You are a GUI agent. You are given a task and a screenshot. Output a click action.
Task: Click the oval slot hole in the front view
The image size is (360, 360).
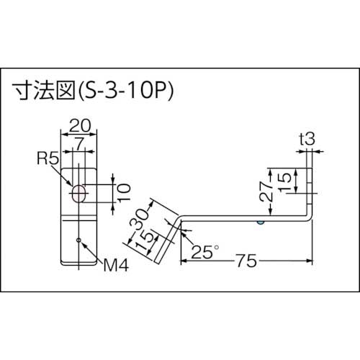click(x=78, y=192)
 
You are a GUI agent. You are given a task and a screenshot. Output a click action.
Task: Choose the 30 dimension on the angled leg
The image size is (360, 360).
click(x=142, y=215)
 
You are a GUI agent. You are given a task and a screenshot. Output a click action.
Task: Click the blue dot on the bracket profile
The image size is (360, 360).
click(x=261, y=222)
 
